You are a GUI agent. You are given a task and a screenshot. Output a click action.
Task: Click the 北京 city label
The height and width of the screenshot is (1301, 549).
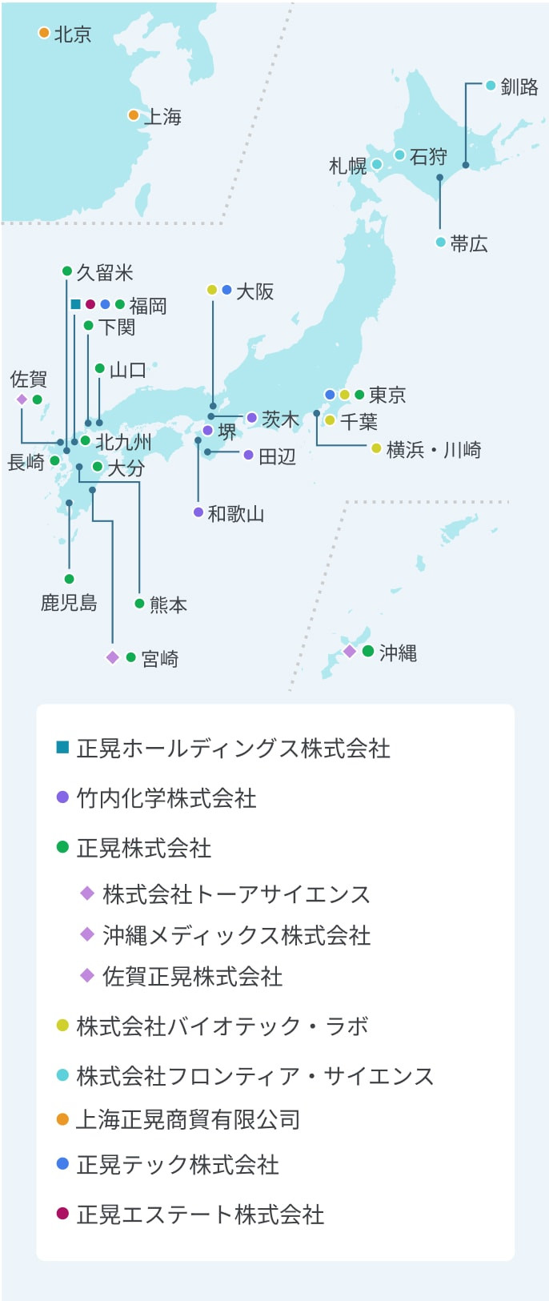click(73, 34)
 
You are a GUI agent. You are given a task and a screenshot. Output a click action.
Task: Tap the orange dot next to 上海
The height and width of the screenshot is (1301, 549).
click(134, 115)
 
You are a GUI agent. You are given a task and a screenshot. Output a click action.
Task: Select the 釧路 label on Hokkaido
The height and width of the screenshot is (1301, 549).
click(519, 86)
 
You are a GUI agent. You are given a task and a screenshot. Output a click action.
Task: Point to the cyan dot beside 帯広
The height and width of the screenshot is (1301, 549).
click(440, 242)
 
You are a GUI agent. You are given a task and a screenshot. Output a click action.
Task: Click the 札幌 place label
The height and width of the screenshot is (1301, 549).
click(348, 166)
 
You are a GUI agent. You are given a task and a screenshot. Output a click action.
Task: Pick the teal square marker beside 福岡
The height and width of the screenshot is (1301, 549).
click(75, 304)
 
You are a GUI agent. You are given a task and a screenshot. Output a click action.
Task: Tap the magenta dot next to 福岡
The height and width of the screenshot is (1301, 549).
click(90, 304)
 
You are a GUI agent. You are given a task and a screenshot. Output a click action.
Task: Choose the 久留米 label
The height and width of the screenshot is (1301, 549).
click(105, 273)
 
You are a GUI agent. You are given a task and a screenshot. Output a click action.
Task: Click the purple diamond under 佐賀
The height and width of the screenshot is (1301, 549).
click(22, 400)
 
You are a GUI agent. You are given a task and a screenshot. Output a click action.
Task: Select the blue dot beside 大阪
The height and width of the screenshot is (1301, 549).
click(226, 290)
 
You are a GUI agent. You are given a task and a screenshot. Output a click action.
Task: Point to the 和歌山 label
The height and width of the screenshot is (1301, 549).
click(236, 513)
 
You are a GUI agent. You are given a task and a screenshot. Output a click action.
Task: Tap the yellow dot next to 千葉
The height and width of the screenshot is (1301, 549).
click(330, 420)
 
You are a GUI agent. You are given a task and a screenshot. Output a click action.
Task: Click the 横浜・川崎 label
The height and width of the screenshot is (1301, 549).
click(434, 450)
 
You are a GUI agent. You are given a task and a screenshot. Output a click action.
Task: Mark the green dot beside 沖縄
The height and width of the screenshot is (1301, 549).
click(368, 651)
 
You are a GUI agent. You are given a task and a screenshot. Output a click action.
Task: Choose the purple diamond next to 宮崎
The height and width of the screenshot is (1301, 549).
click(113, 657)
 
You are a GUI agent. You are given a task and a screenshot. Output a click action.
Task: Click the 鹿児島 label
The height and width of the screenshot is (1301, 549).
click(69, 602)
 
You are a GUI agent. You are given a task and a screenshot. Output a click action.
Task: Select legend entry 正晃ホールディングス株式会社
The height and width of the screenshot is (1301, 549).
click(233, 749)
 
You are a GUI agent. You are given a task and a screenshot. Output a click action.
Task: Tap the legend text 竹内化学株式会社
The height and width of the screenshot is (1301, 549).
click(166, 798)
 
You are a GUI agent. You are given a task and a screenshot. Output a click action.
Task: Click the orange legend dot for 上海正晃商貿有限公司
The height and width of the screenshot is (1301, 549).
click(62, 1119)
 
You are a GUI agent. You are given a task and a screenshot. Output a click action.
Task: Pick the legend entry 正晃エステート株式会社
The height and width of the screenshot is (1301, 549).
click(200, 1215)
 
